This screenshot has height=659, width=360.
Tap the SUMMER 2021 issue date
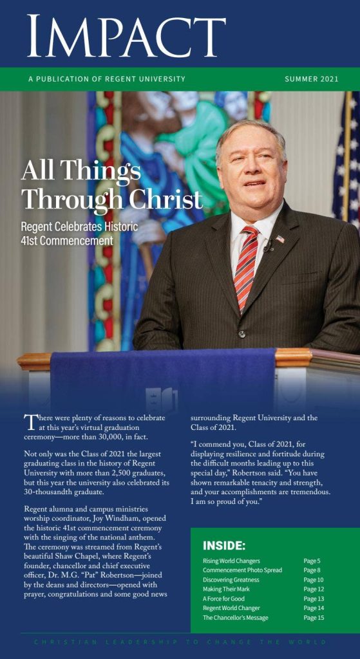coord(311,79)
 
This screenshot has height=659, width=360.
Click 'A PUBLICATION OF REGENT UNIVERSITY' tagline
coord(106,79)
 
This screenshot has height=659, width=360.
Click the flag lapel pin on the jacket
coord(280,239)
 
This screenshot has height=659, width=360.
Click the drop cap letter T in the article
coord(29,422)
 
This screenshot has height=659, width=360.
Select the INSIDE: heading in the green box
coord(224,546)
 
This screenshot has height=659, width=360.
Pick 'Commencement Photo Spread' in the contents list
coord(242,570)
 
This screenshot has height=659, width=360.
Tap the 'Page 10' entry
coord(314,580)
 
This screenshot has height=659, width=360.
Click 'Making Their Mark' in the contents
coord(227,589)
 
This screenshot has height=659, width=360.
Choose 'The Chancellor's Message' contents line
coord(236,618)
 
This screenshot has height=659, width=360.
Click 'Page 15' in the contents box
coord(314,618)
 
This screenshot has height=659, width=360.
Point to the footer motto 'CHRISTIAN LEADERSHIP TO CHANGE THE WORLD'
coord(180,642)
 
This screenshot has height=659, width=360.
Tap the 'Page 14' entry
coord(314,608)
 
